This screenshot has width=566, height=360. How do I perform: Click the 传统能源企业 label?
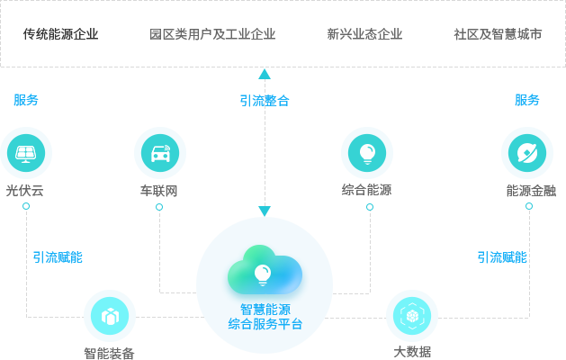[60, 34]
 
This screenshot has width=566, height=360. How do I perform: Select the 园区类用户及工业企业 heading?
[212, 34]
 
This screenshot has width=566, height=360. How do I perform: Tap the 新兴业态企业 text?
[364, 34]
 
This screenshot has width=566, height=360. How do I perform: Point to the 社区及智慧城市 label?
[498, 34]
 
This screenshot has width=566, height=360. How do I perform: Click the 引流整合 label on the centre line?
[265, 101]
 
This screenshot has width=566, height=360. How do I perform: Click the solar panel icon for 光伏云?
[26, 152]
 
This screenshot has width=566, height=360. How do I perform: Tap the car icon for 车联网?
[160, 152]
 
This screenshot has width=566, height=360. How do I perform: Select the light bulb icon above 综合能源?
[366, 152]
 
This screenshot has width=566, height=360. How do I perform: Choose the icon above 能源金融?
[526, 152]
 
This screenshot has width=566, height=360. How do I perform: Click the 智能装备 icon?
[109, 315]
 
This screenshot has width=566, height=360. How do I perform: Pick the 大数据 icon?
[411, 315]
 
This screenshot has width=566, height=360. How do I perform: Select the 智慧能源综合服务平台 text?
[265, 317]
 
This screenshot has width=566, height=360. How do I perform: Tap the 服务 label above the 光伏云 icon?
[26, 100]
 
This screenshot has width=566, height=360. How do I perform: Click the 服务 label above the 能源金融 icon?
[527, 100]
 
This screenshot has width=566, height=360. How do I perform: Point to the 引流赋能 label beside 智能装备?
[58, 257]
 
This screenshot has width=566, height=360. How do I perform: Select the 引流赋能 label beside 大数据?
[502, 257]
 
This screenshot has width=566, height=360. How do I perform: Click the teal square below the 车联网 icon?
[159, 206]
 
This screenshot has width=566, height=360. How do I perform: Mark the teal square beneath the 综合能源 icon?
[369, 206]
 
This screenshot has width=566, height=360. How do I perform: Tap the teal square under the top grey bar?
[264, 74]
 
